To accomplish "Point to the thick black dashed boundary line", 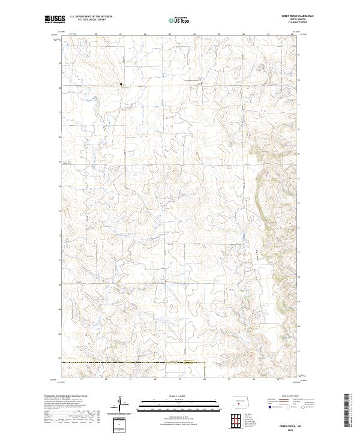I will pyautogui.click(x=132, y=363).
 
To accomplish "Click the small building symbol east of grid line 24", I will pyautogui.click(x=202, y=83).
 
